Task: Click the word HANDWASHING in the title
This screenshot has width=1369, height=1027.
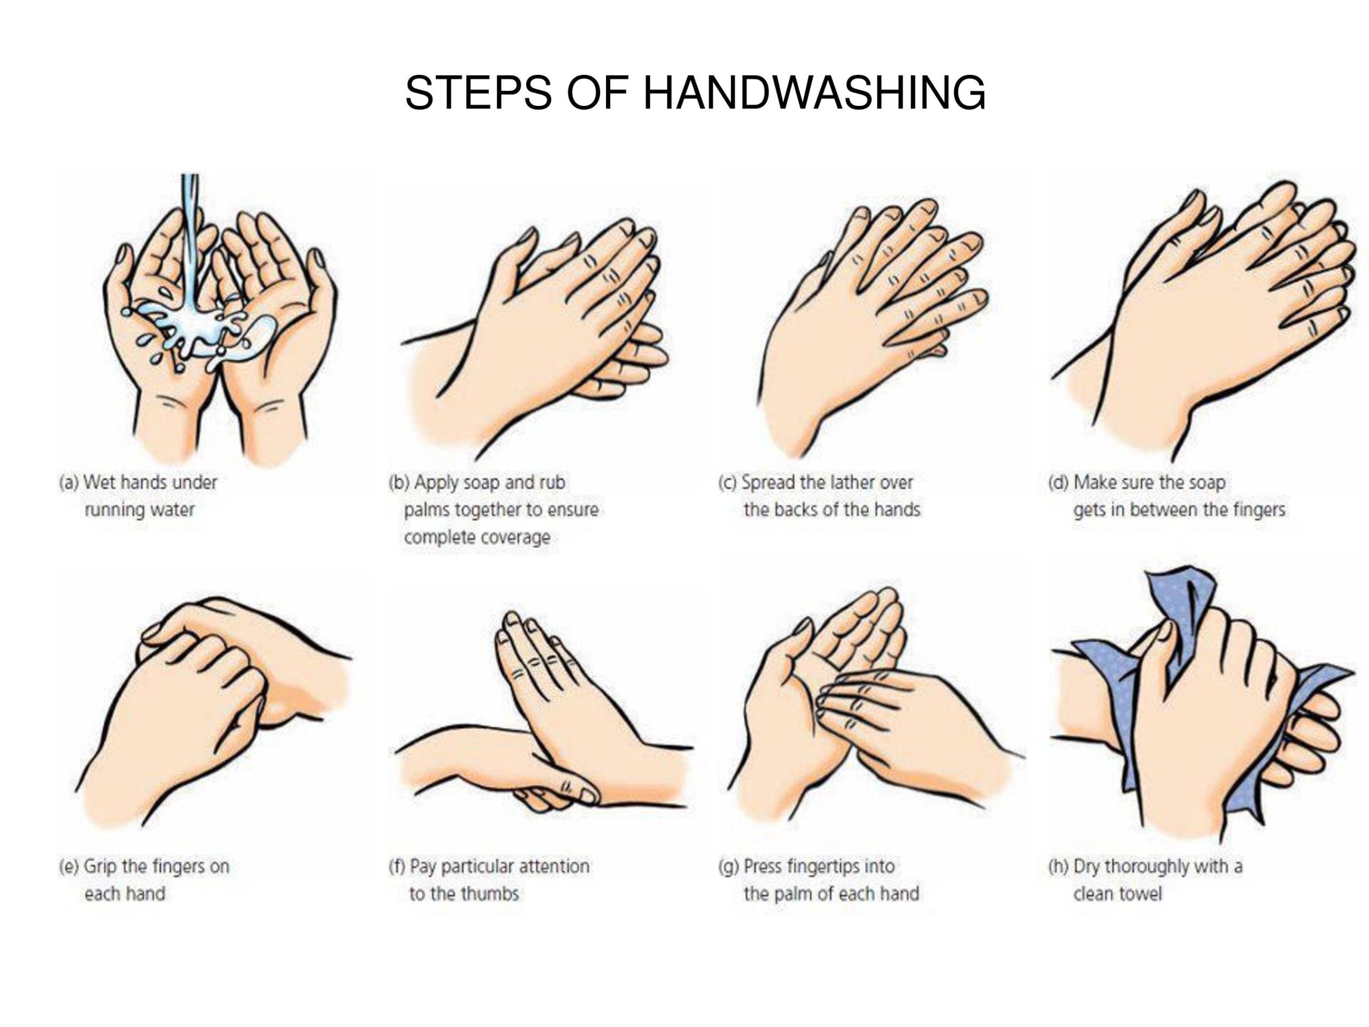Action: click(814, 93)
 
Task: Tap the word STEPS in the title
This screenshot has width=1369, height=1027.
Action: click(478, 93)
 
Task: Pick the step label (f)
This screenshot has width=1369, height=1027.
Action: click(397, 866)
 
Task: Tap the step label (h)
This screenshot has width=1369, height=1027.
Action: click(1058, 866)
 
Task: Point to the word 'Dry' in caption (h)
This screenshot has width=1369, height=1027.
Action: click(1086, 867)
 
